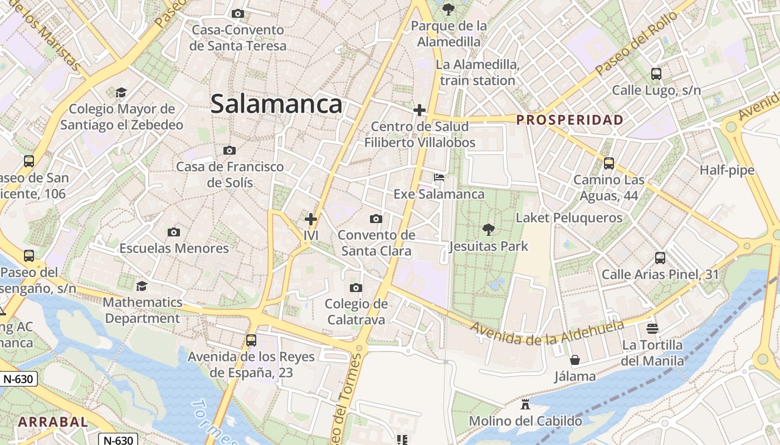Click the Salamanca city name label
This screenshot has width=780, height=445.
[276, 104]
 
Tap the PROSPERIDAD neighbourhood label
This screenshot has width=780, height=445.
[569, 120]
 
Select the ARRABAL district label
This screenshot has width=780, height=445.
[53, 422]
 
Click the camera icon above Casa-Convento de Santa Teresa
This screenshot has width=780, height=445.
[238, 13]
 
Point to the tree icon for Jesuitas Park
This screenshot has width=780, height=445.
[488, 229]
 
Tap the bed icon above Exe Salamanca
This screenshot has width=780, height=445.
[439, 177]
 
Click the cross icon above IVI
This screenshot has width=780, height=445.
[311, 219]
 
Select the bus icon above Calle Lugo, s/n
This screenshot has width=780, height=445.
[656, 73]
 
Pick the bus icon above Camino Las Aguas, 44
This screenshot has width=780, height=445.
[609, 164]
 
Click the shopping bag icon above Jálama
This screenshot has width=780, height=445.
[575, 360]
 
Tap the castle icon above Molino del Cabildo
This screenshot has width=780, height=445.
[525, 404]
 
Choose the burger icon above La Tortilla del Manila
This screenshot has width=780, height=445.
[652, 328]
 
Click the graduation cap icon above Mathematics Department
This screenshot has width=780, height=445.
[142, 286]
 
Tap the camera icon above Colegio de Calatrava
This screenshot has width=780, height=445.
[356, 288]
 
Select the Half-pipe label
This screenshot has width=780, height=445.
[727, 170]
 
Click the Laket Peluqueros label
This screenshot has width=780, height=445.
[569, 217]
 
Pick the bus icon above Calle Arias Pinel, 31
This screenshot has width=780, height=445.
[660, 258]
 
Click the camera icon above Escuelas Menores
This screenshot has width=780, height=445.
[174, 232]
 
